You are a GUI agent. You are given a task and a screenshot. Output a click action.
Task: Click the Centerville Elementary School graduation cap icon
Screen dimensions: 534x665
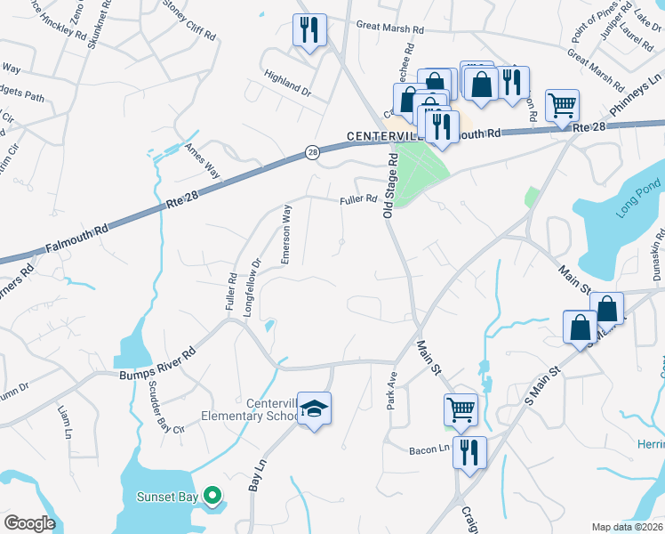click(313, 409)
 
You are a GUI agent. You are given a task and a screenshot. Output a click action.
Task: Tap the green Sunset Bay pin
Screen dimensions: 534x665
click(212, 495)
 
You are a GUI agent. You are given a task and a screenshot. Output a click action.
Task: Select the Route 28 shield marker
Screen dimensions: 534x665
click(312, 153)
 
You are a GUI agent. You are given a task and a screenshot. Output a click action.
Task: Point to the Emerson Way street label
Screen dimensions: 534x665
click(286, 234)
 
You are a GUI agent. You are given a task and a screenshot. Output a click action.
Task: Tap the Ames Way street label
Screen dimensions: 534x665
click(202, 162)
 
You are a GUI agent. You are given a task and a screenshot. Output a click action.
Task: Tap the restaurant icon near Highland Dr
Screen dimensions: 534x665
click(309, 29)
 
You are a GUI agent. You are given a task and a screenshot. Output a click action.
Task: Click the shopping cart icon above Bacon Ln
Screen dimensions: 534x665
click(461, 409)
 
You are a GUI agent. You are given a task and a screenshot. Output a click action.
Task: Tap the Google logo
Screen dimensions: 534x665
click(29, 523)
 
